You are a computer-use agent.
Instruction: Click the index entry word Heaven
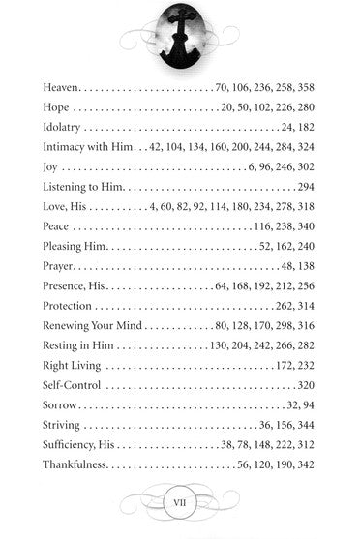click(65, 88)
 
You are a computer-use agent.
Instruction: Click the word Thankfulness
click(77, 465)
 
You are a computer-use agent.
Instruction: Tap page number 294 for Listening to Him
click(307, 188)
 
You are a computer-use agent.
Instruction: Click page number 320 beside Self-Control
click(307, 386)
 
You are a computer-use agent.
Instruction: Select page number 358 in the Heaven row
click(307, 88)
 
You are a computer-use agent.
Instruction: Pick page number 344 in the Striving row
click(307, 426)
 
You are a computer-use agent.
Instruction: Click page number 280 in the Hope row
click(307, 108)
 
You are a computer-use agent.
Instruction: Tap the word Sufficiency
click(72, 446)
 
